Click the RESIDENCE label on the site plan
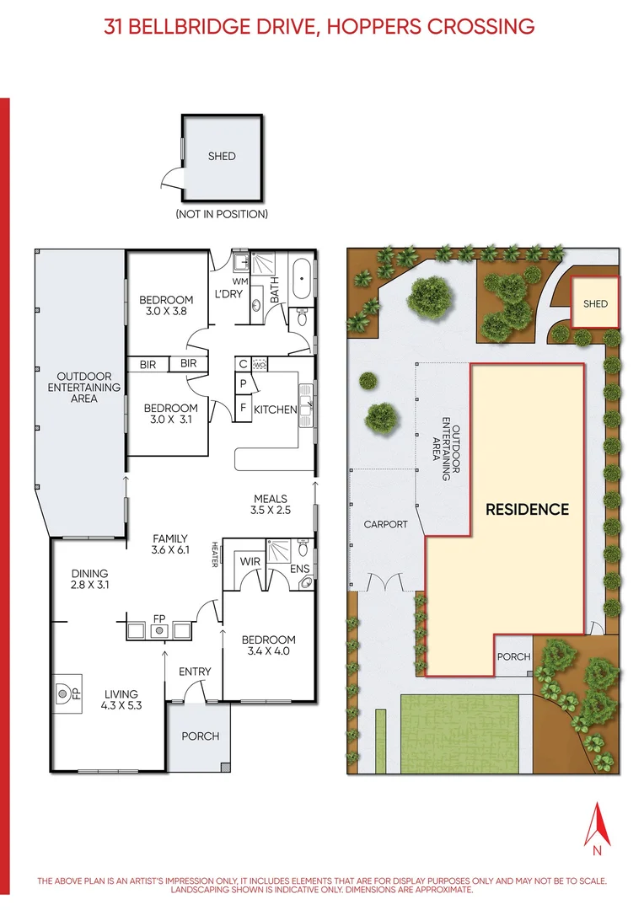pyautogui.click(x=527, y=509)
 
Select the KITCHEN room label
pyautogui.click(x=276, y=409)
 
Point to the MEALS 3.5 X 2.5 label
pyautogui.click(x=269, y=504)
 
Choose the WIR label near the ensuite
pyautogui.click(x=250, y=560)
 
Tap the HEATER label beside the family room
pyautogui.click(x=216, y=554)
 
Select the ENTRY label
pyautogui.click(x=195, y=672)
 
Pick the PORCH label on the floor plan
pyautogui.click(x=200, y=736)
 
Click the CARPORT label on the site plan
pyautogui.click(x=385, y=524)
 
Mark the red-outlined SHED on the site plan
pyautogui.click(x=595, y=303)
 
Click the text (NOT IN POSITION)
pyautogui.click(x=222, y=214)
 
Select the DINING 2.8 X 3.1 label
pyautogui.click(x=91, y=578)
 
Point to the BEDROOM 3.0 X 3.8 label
pyautogui.click(x=166, y=305)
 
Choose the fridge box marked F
pyautogui.click(x=244, y=409)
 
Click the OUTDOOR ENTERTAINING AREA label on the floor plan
pyautogui.click(x=89, y=388)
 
